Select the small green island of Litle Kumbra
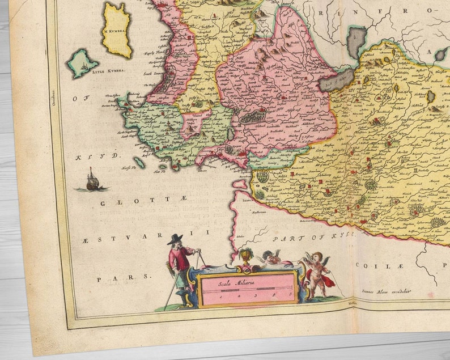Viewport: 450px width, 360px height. [83, 63]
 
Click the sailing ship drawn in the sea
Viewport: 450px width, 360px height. [92, 181]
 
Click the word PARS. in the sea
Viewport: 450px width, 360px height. [124, 278]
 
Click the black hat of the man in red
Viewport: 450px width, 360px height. [175, 239]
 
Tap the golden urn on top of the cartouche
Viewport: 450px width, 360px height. [245, 256]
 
